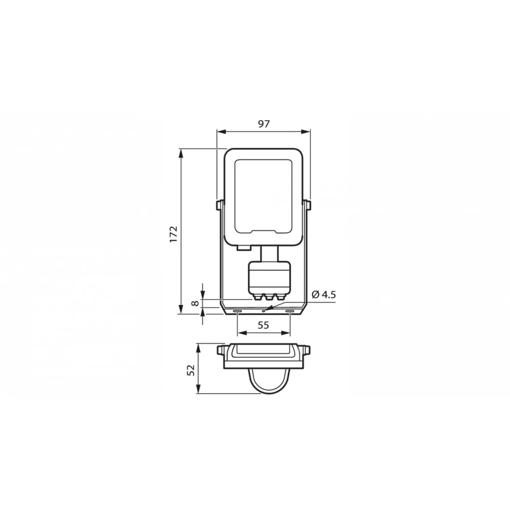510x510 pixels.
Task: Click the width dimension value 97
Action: [x=263, y=124]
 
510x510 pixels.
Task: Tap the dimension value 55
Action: [x=263, y=325]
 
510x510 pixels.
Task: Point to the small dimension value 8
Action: [x=195, y=303]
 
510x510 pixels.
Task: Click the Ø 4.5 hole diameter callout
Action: [x=323, y=294]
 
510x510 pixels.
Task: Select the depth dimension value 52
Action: [x=191, y=370]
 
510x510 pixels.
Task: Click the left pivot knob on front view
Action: [x=219, y=205]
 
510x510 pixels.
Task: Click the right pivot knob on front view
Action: [x=307, y=205]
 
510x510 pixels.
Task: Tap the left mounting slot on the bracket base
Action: [x=237, y=311]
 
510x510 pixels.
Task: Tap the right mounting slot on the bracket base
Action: [x=290, y=311]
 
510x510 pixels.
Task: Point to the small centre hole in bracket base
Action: [x=263, y=311]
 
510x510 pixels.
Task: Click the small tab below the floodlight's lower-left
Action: [x=243, y=248]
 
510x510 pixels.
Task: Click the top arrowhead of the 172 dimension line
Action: [x=181, y=152]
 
